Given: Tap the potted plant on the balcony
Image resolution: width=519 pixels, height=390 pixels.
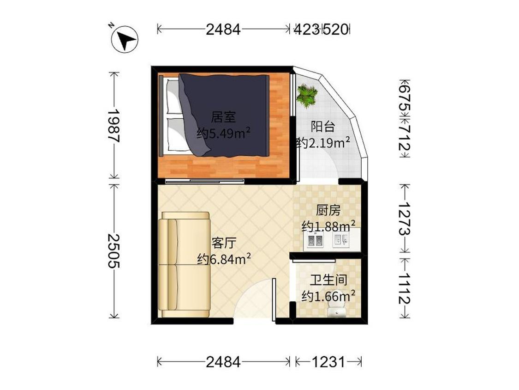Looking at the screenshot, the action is [x=307, y=95].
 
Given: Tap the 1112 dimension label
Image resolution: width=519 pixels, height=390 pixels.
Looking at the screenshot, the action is [x=405, y=288].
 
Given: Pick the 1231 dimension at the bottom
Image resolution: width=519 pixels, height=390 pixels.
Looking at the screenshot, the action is [x=328, y=362].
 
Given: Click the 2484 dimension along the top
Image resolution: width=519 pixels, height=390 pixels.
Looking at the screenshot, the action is [x=223, y=30].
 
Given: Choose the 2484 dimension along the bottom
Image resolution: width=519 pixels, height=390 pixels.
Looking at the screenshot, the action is [x=223, y=362].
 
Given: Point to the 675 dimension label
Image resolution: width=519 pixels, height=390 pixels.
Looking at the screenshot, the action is [x=405, y=99].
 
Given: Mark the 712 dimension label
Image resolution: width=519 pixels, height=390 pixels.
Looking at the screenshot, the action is [x=405, y=137].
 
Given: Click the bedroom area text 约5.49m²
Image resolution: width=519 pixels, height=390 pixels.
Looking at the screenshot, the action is [x=223, y=134].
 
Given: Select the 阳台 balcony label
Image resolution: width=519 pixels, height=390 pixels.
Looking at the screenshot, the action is [x=323, y=127].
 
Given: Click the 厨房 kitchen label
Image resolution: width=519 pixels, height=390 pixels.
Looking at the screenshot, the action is [x=328, y=211].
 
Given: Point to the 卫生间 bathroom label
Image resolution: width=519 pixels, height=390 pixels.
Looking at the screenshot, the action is [x=328, y=280].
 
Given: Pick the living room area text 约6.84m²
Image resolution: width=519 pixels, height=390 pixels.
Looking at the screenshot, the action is [x=224, y=259].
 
